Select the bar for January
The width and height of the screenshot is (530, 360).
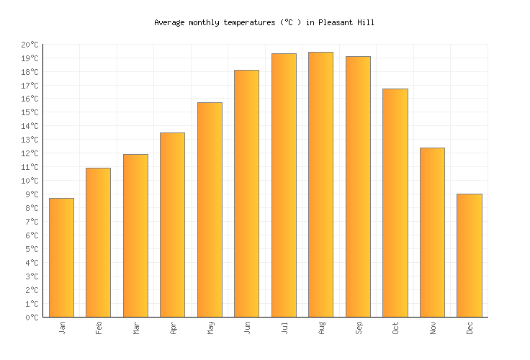[x=61, y=257]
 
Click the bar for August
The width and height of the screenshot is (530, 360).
[x=320, y=184]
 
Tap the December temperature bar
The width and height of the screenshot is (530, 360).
[x=469, y=255]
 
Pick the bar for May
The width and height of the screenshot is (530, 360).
[x=210, y=210]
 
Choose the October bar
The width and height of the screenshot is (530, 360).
[x=395, y=202]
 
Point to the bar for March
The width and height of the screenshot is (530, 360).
[x=135, y=235]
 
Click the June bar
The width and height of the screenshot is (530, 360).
[x=246, y=193]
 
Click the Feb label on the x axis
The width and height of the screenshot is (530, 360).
[x=99, y=328]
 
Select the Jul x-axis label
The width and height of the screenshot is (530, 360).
[x=284, y=328]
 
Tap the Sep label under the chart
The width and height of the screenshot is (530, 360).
[x=358, y=328]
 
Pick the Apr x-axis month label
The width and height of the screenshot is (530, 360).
[x=173, y=328]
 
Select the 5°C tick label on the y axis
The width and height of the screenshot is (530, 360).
[x=31, y=249]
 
